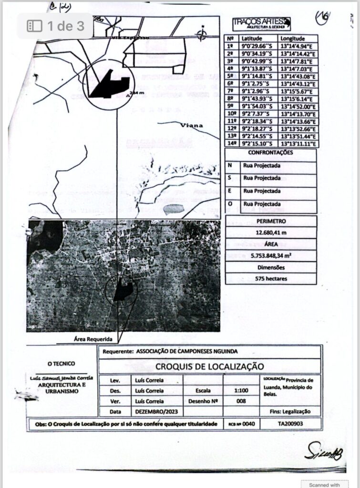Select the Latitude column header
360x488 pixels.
pyautogui.click(x=252, y=38)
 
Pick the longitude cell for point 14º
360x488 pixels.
pyautogui.click(x=297, y=143)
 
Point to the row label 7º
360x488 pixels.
pyautogui.click(x=231, y=91)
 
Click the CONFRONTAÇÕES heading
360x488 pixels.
pyautogui.click(x=270, y=153)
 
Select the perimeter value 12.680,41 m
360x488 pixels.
pyautogui.click(x=270, y=233)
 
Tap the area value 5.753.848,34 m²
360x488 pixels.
pyautogui.click(x=270, y=255)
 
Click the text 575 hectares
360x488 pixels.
pyautogui.click(x=270, y=278)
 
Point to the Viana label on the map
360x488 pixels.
pyautogui.click(x=192, y=125)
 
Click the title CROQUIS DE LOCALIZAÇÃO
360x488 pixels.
pyautogui.click(x=209, y=366)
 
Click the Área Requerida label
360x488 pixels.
pyautogui.click(x=93, y=339)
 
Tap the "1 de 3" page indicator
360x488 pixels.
pyautogui.click(x=56, y=25)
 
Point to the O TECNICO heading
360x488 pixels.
pyautogui.click(x=62, y=364)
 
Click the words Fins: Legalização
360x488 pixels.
pyautogui.click(x=290, y=411)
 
